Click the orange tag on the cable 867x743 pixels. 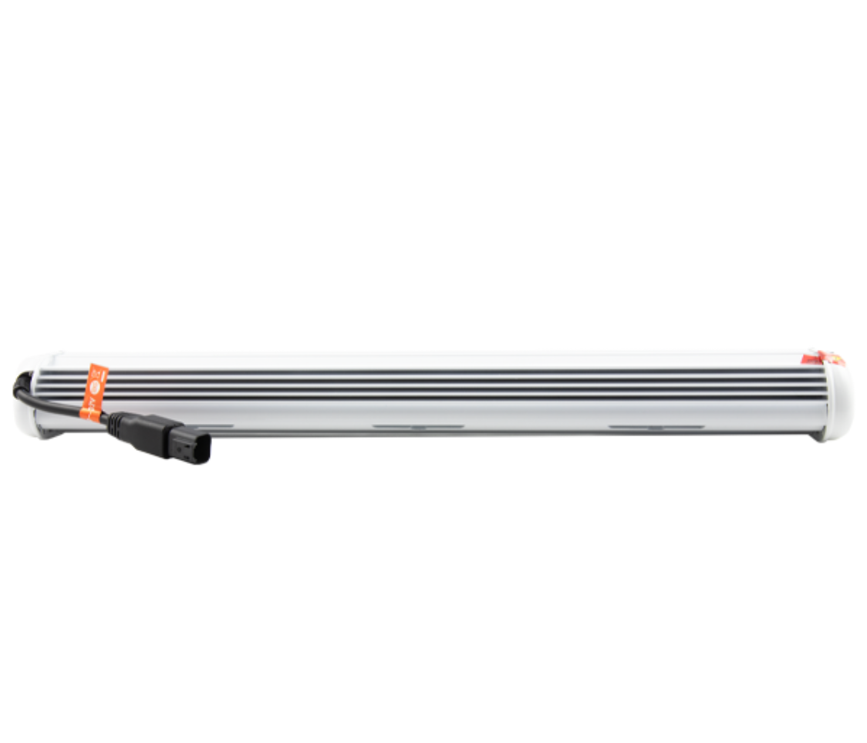95,392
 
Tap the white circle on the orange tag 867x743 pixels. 96,380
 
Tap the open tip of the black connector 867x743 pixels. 199,451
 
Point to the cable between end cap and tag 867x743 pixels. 54,404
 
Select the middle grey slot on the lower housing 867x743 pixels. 417,425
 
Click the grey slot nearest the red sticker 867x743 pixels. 655,425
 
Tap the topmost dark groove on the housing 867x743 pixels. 432,371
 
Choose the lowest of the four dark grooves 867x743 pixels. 432,398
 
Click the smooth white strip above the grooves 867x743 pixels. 432,361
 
